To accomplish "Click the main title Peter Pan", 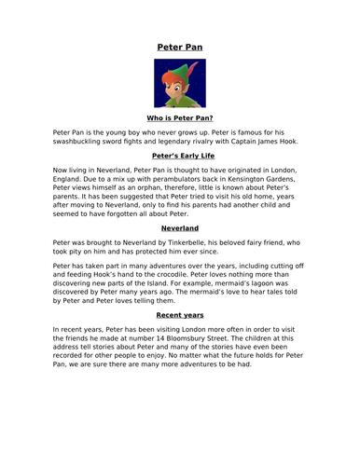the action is point(179,46).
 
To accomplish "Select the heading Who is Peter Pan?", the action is point(179,118).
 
